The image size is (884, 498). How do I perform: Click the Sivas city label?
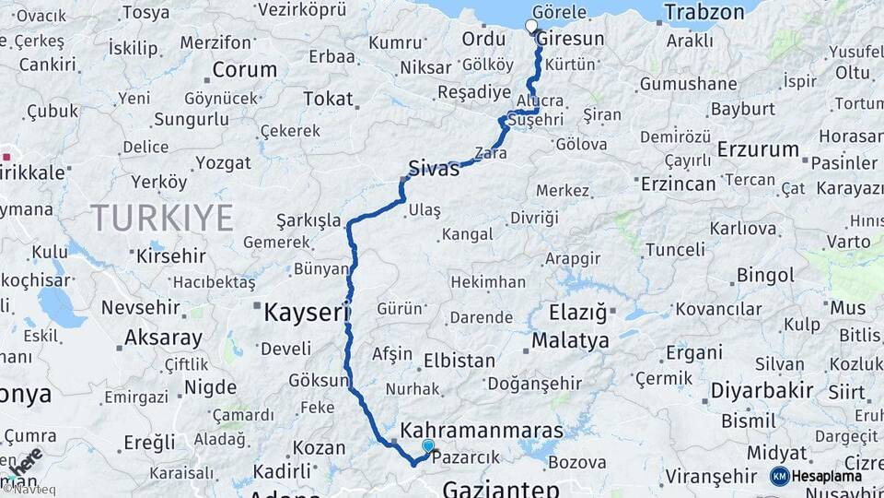pos(435,169)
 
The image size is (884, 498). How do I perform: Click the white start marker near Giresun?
pos(531,26)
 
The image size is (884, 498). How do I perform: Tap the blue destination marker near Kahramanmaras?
pos(427,446)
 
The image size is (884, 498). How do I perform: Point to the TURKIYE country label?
pos(161,218)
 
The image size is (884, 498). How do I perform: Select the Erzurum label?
pos(758,149)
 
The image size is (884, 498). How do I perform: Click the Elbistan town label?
pos(459,362)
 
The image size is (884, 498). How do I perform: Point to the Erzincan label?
pos(678,184)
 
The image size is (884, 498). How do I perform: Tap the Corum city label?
pos(244,69)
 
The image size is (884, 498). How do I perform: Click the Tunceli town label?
pos(674,249)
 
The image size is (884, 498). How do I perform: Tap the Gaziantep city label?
pos(501,488)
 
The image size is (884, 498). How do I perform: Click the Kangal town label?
pos(468,234)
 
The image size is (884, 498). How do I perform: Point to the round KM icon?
pos(779,476)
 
